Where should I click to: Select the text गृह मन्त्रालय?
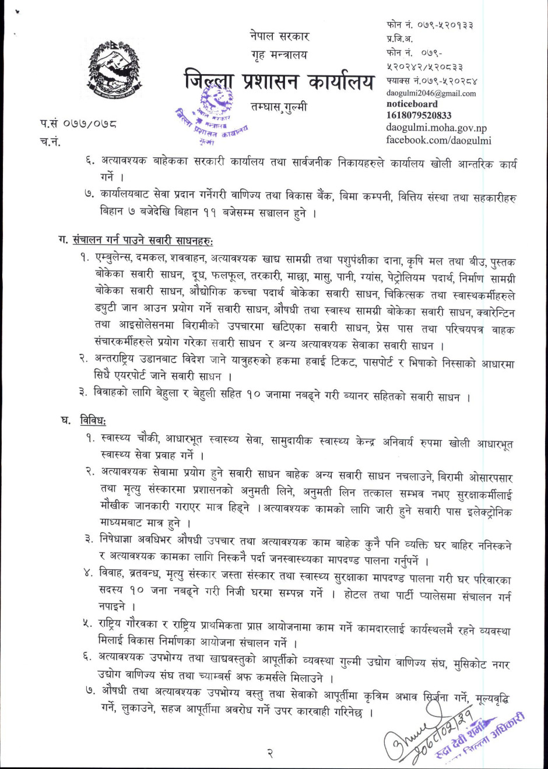click(x=276, y=55)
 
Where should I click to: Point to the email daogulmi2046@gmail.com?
click(x=431, y=93)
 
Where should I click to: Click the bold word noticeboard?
click(x=412, y=104)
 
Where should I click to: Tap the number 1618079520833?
click(x=419, y=115)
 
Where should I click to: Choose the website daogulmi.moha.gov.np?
click(x=436, y=128)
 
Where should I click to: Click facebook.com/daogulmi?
click(x=438, y=140)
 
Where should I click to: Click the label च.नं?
click(x=51, y=141)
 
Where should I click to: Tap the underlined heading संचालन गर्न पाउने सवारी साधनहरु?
click(x=143, y=240)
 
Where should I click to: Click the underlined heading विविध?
click(x=93, y=420)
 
